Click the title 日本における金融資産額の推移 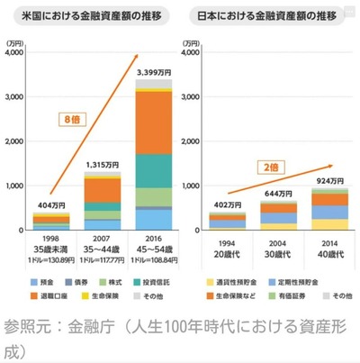click(269, 17)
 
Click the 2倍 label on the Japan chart click(271, 168)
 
